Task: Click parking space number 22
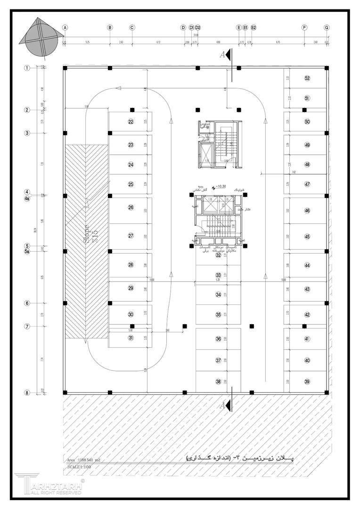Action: (131, 122)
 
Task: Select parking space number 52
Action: (307, 78)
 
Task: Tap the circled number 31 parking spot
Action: (131, 337)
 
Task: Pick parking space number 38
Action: (218, 382)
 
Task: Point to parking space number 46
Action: (307, 211)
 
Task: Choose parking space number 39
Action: (307, 382)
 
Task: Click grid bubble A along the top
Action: (65, 27)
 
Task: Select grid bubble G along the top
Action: (327, 27)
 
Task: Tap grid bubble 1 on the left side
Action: (27, 68)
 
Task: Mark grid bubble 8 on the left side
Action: (27, 392)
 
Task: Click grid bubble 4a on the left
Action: (27, 198)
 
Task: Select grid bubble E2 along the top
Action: (254, 27)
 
